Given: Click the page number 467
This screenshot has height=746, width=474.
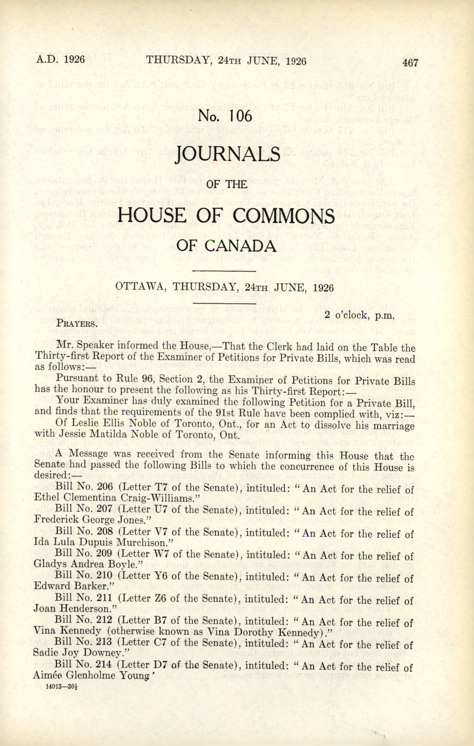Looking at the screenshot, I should pyautogui.click(x=411, y=63).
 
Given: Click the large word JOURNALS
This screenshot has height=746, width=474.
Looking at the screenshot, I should pyautogui.click(x=228, y=154).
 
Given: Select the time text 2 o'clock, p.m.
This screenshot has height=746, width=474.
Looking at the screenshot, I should pyautogui.click(x=359, y=315).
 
